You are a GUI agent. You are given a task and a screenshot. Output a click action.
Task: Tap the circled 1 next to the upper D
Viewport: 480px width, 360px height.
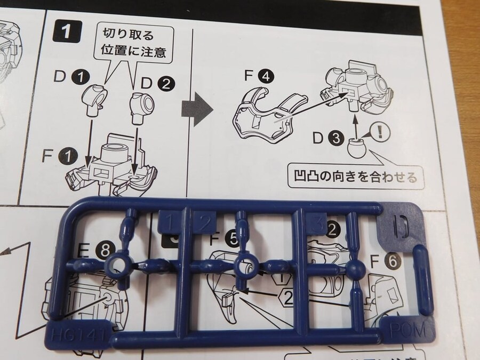click(81, 78)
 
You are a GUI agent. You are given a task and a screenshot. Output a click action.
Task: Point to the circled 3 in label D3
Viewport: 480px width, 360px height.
click(334, 140)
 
